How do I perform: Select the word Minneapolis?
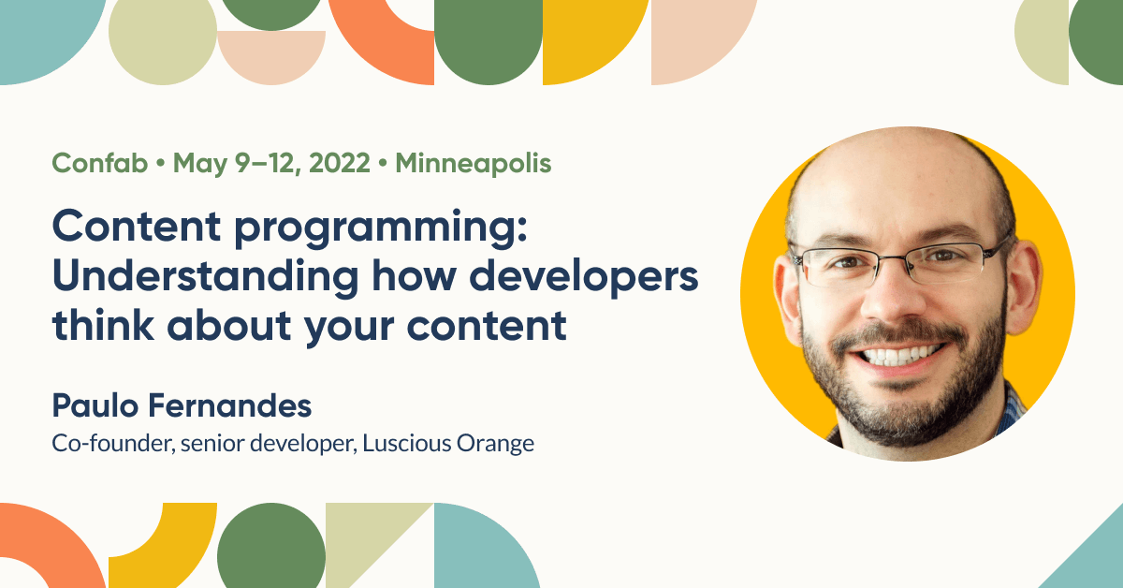(474, 164)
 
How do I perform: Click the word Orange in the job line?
(496, 443)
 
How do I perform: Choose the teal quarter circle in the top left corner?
(42, 33)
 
